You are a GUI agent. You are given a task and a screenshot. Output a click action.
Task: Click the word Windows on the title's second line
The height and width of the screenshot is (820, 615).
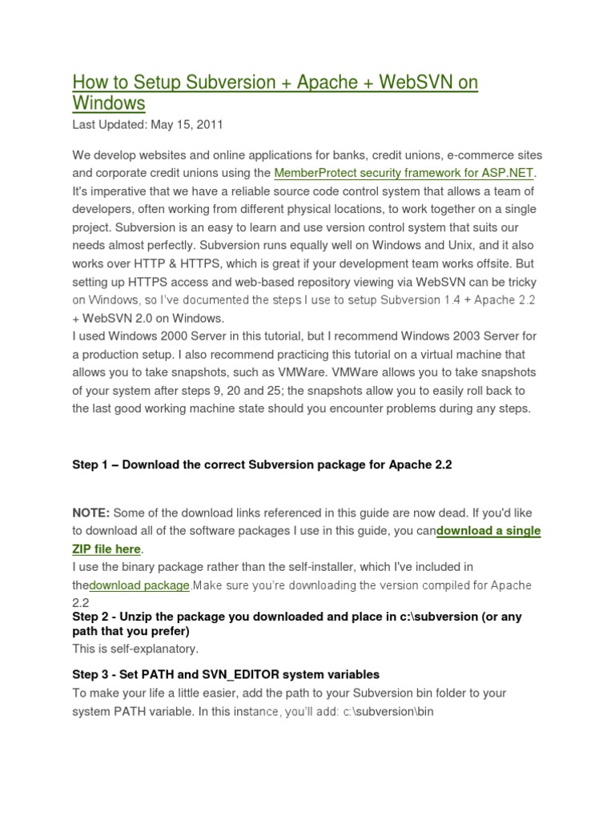coord(109,104)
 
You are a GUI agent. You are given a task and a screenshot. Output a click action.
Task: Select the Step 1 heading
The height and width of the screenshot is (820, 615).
coord(262,465)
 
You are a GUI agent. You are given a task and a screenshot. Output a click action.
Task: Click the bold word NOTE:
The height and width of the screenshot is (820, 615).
coord(91,512)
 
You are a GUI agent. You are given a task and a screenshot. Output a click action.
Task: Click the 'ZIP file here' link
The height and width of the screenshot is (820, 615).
coord(107,549)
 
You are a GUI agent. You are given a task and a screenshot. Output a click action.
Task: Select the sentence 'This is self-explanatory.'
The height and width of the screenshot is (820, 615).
coord(135,649)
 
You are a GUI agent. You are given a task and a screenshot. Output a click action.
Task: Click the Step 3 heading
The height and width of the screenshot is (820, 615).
coord(225,674)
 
